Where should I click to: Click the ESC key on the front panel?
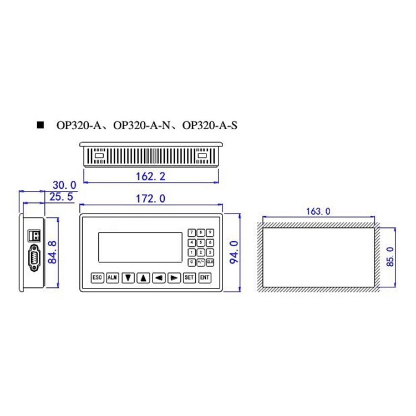click(98, 277)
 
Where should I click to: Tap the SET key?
click(189, 277)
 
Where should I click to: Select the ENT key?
click(205, 277)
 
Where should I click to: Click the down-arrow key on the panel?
click(128, 277)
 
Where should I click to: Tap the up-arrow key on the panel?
click(143, 277)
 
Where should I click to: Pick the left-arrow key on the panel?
click(159, 277)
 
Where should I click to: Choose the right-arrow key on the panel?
click(174, 277)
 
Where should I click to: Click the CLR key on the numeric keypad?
click(210, 261)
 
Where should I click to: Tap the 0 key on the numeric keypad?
click(192, 261)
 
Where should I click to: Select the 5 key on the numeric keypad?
click(201, 242)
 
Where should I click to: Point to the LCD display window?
click(141, 247)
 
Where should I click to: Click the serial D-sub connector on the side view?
click(34, 260)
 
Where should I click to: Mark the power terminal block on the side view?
click(34, 235)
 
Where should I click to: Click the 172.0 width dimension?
click(151, 199)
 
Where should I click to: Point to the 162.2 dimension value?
click(150, 177)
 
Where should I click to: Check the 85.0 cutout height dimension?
click(390, 257)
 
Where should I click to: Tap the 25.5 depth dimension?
click(62, 197)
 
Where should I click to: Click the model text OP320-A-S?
click(210, 126)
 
